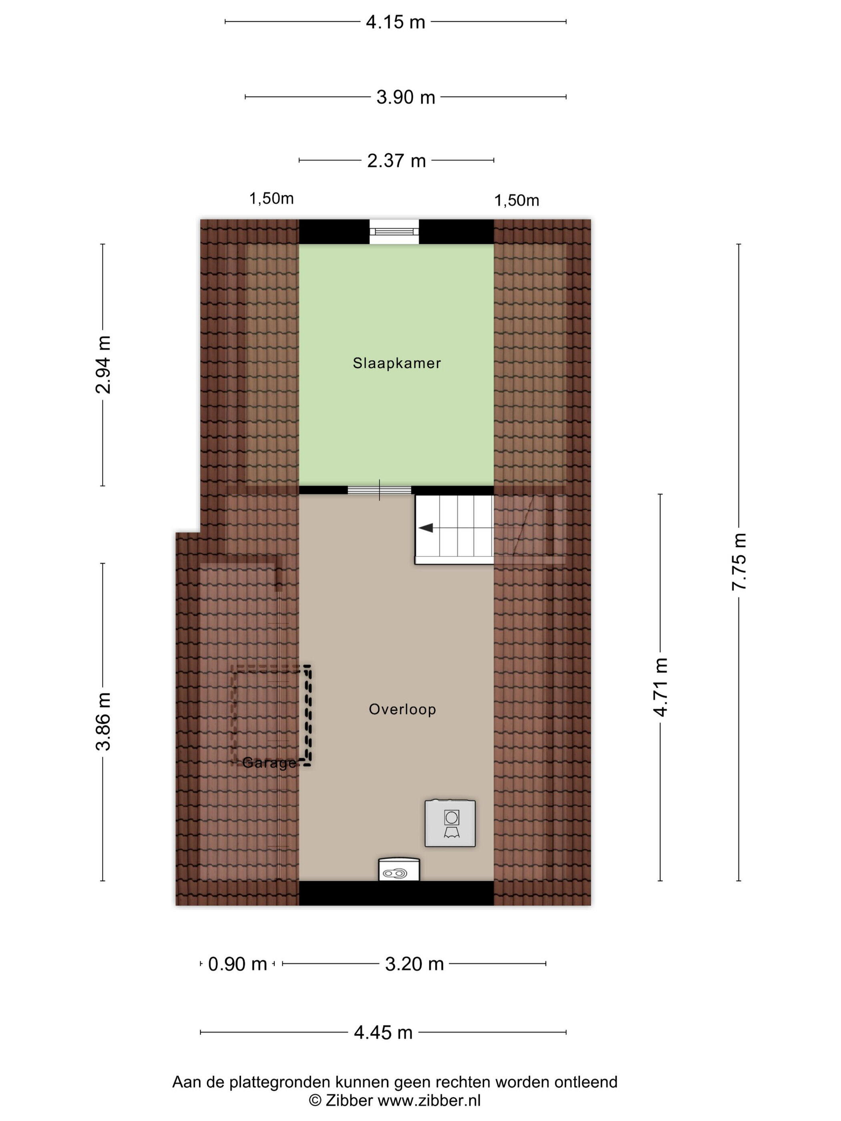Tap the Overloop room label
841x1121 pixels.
coord(402,709)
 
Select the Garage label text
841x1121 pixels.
coord(269,763)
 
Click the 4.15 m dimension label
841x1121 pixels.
coord(395,22)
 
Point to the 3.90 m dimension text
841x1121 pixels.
coord(406,97)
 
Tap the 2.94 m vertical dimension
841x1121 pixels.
coord(103,365)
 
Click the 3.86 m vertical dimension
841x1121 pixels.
coord(103,721)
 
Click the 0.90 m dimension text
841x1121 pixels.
coord(237,964)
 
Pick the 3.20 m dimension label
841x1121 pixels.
coord(414,964)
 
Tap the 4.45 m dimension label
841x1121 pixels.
coord(383,1032)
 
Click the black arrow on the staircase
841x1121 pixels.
coord(426,528)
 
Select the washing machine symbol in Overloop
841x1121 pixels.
coord(450,823)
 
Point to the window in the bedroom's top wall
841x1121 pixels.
coord(394,231)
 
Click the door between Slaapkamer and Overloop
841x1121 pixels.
coord(379,490)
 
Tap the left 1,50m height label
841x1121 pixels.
coord(271,199)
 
